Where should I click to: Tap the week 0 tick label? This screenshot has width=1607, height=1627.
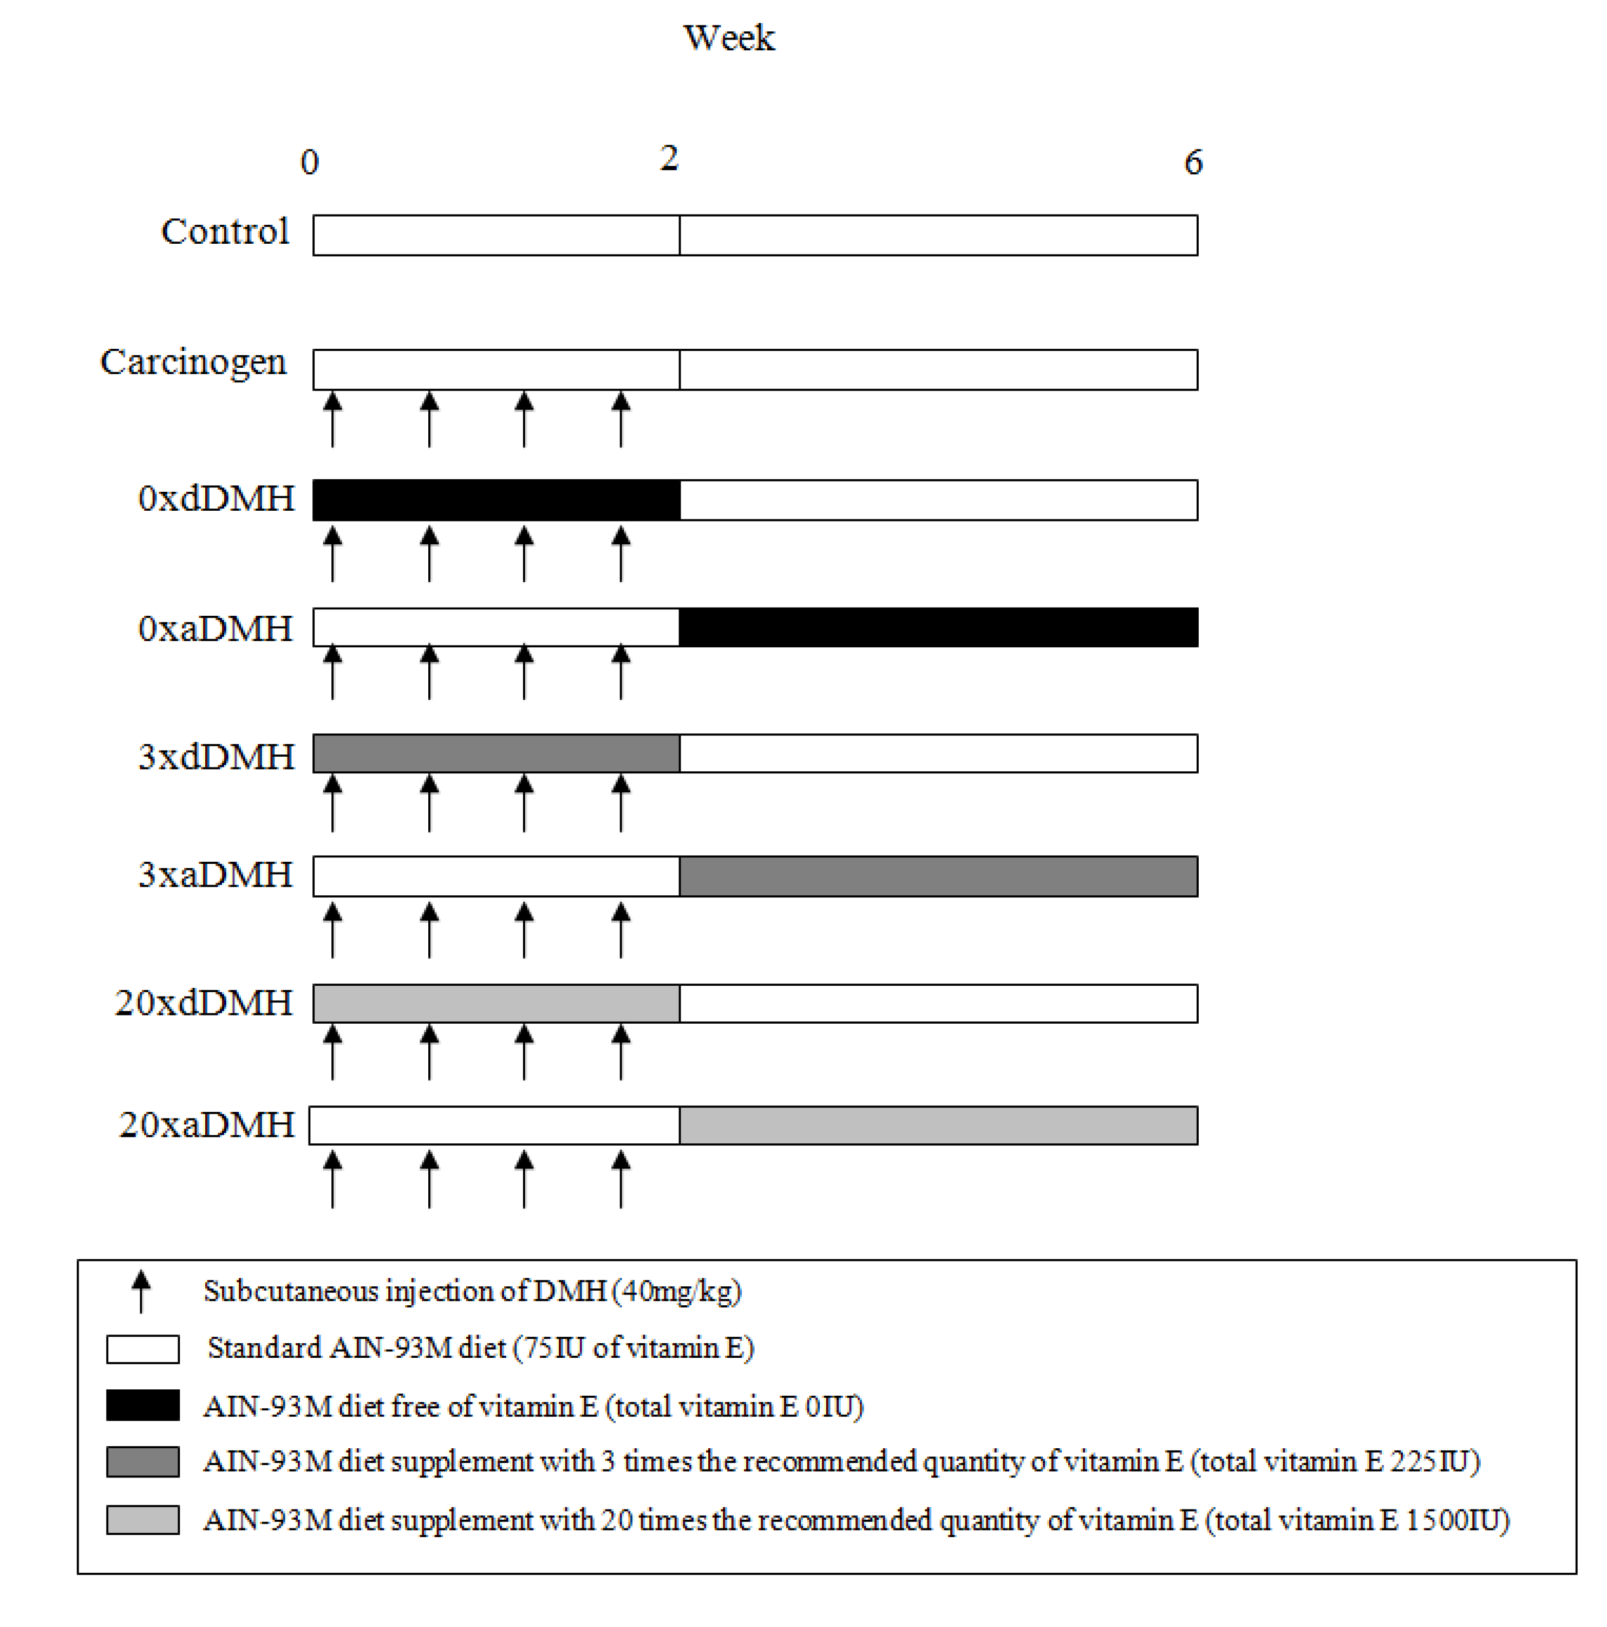pyautogui.click(x=310, y=162)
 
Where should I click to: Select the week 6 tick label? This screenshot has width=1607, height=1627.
pyautogui.click(x=1193, y=162)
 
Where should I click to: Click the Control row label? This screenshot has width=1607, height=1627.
pyautogui.click(x=225, y=232)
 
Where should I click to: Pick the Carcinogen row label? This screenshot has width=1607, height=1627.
pyautogui.click(x=194, y=362)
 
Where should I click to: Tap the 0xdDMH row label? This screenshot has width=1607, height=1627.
pyautogui.click(x=217, y=498)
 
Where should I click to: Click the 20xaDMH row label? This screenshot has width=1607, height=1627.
pyautogui.click(x=207, y=1125)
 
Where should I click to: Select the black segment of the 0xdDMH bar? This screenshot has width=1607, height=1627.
pyautogui.click(x=496, y=500)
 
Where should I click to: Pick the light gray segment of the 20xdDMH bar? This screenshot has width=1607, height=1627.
pyautogui.click(x=496, y=1003)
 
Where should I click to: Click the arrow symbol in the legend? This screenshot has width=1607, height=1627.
pyautogui.click(x=141, y=1291)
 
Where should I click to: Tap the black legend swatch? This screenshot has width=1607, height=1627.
pyautogui.click(x=142, y=1405)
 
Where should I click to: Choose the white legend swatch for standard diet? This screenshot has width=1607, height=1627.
pyautogui.click(x=142, y=1349)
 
